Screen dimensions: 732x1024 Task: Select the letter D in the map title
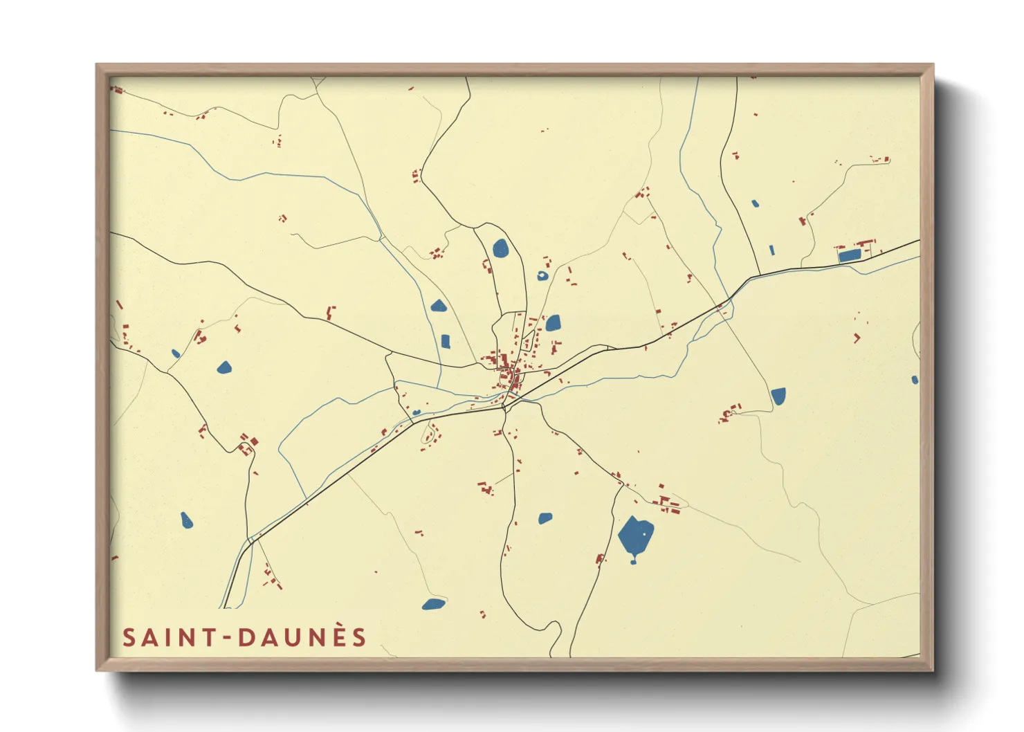click(x=246, y=638)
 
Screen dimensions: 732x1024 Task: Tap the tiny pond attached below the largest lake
click(x=633, y=561)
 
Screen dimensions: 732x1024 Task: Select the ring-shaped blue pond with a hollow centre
click(x=542, y=275)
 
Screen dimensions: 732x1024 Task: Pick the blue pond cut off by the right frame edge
click(x=915, y=380)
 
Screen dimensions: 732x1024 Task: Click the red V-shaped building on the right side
click(x=857, y=338)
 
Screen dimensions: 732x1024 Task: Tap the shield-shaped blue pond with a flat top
click(x=778, y=396)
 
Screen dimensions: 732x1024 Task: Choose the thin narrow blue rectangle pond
click(x=772, y=250)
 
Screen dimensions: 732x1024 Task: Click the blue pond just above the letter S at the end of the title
click(x=433, y=604)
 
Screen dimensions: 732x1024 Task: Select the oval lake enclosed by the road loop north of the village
click(x=500, y=248)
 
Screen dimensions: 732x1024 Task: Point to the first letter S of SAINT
click(x=129, y=638)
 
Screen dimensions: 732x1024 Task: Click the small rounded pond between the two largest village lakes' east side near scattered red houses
click(x=552, y=323)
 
